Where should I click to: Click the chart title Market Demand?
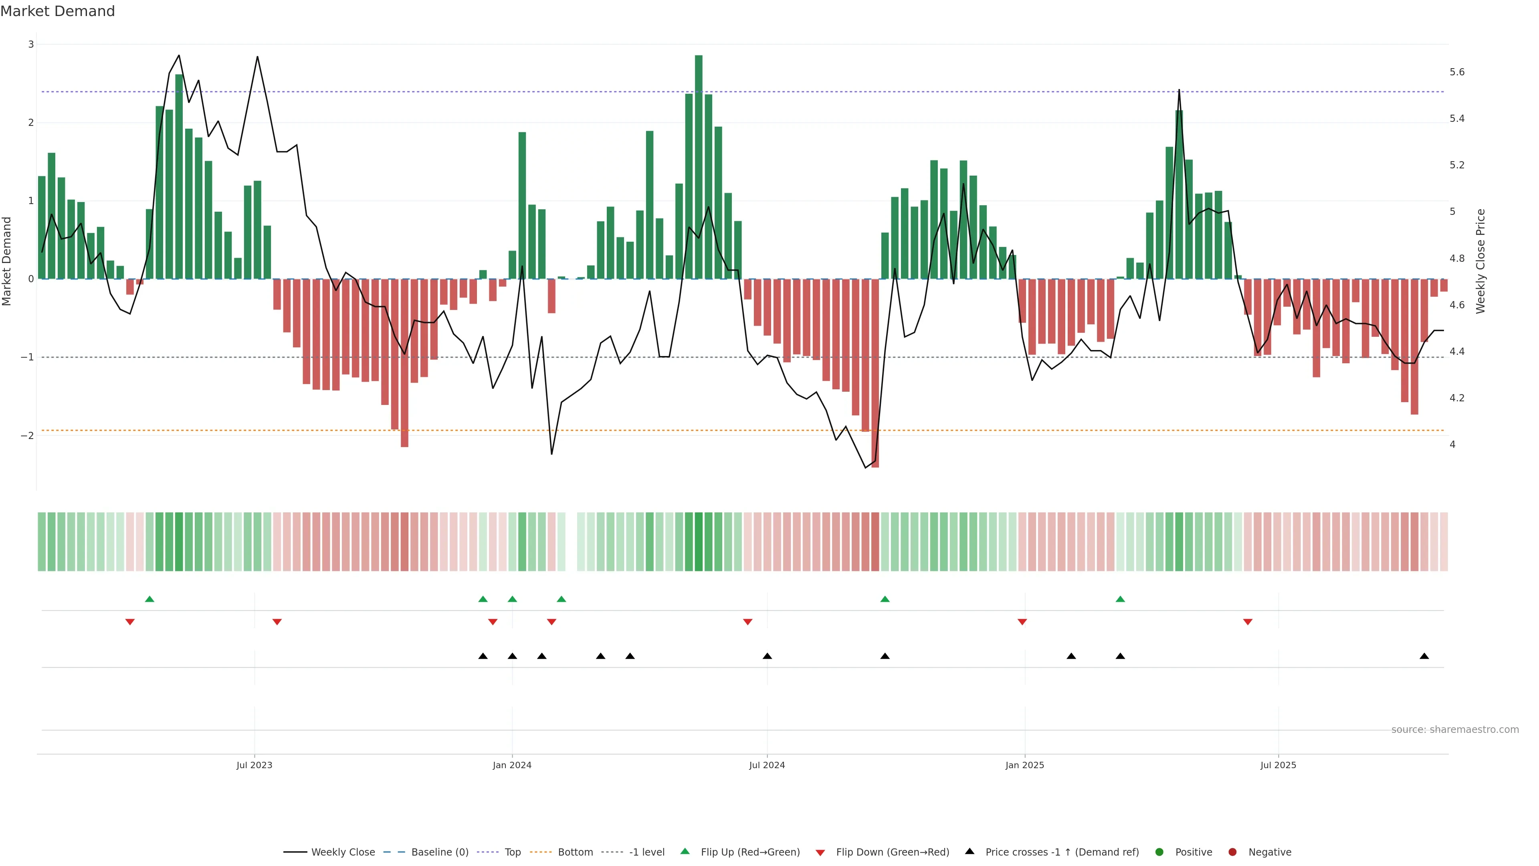coord(57,11)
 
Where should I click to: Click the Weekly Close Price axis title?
coord(1480,261)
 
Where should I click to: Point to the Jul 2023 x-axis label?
coord(254,765)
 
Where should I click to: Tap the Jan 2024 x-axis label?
coord(512,765)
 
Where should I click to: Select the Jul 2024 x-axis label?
coord(767,765)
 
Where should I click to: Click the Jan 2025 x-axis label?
coord(1025,765)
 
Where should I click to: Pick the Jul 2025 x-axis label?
coord(1278,765)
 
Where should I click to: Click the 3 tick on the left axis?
coord(31,44)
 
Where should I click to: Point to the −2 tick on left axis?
coord(28,436)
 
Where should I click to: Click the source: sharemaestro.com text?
coord(1455,729)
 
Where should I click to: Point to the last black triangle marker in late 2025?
coord(1424,656)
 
